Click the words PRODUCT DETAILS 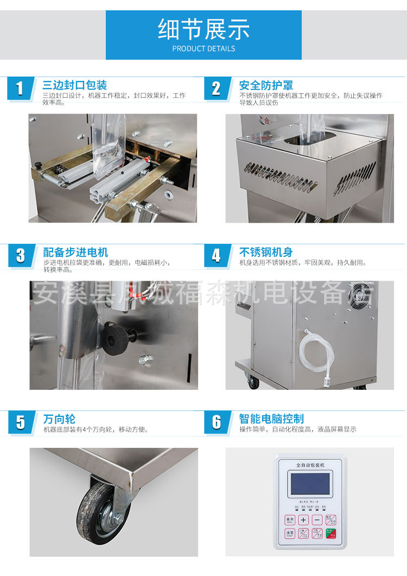(x=203, y=48)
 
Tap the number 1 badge (x=20, y=88)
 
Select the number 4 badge (x=217, y=256)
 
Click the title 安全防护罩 (x=266, y=85)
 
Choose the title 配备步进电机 (x=75, y=252)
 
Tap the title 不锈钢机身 (x=266, y=252)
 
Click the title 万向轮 (x=59, y=419)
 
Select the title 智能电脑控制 (x=271, y=419)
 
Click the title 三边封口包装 (x=75, y=85)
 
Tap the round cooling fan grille (x=361, y=296)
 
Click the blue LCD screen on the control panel (x=310, y=483)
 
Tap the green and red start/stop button (x=330, y=534)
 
